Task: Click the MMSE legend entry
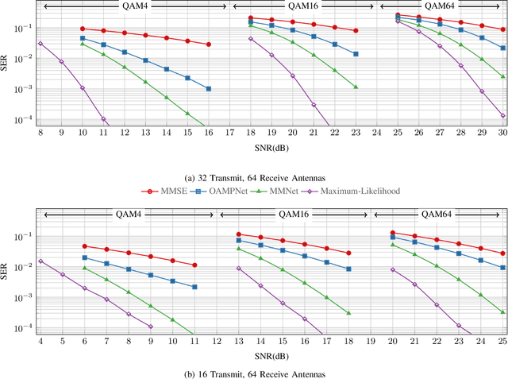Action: [164, 191]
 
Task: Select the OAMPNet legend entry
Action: [224, 191]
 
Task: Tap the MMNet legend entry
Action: [287, 191]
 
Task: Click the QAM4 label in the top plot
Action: [134, 7]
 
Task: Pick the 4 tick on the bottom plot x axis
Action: [40, 341]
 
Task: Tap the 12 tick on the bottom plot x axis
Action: [216, 341]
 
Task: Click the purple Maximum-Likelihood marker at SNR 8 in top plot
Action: [40, 44]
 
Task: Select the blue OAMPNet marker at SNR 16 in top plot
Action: [208, 89]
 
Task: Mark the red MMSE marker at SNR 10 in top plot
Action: [82, 29]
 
